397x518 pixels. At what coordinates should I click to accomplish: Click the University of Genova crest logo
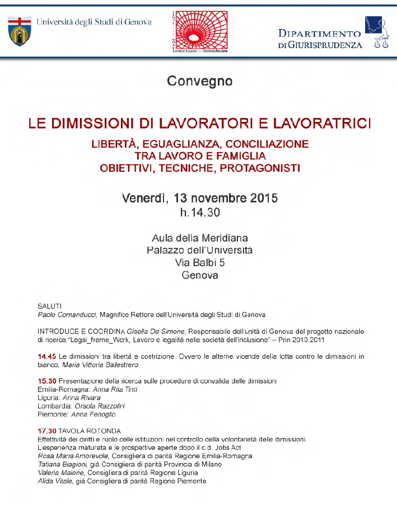[x=20, y=31]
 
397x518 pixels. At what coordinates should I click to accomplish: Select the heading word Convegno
[x=199, y=82]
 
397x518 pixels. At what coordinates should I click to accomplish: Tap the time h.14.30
[x=199, y=213]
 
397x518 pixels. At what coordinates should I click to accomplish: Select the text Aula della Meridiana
[x=199, y=238]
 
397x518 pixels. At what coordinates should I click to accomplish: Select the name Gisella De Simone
[x=149, y=331]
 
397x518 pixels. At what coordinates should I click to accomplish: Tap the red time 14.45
[x=46, y=356]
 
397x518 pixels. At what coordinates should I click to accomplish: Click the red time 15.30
[x=46, y=381]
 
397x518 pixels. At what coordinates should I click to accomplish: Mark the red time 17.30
[x=46, y=431]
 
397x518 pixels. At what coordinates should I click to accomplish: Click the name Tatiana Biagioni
[x=62, y=464]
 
